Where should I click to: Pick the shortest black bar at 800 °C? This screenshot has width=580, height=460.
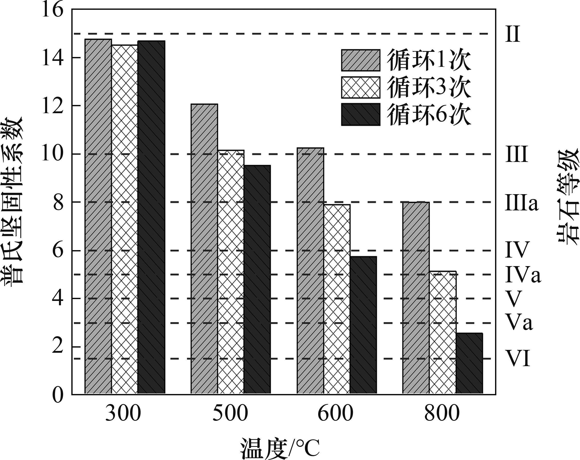[x=469, y=364]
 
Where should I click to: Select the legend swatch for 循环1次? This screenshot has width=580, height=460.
[x=361, y=60]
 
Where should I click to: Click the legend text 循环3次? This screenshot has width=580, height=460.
[x=429, y=87]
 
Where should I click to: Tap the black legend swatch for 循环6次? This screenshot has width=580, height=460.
[x=361, y=114]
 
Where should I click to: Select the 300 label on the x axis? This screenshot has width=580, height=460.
[x=123, y=421]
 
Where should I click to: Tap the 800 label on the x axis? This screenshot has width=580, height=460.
[x=442, y=421]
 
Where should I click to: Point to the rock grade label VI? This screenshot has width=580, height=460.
[x=518, y=359]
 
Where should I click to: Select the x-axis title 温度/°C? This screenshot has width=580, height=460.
[x=280, y=449]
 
